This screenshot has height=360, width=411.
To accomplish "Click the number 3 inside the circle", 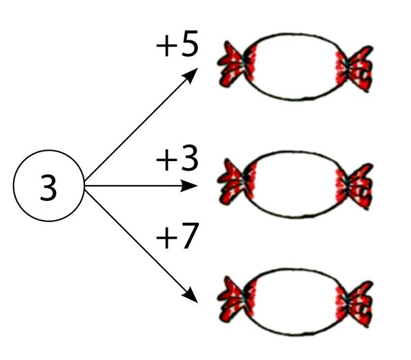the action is pos(49,187).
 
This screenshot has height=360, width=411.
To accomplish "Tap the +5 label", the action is pos(177,44).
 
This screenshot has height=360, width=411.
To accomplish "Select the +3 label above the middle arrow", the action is pos(177,158).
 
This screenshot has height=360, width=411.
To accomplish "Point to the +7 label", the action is pos(177,236).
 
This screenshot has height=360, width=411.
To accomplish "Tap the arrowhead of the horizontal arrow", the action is pos(189,186).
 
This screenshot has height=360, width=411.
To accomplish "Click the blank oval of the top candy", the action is pos(295,67).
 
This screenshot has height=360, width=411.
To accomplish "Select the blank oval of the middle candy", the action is pos(295,184).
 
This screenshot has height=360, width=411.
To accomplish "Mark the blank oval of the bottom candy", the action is pos(295,302).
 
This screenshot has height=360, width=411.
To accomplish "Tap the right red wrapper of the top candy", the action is pos(355,69).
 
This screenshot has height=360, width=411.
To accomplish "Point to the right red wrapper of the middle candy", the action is pos(355,187).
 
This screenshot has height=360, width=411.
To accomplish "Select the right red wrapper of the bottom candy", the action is pos(355,304).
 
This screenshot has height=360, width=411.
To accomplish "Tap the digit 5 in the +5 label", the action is pos(190,44).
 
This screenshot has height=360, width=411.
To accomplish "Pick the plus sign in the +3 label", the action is pos(166,160).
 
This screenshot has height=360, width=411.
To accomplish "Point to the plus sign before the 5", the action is pos(166,46).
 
